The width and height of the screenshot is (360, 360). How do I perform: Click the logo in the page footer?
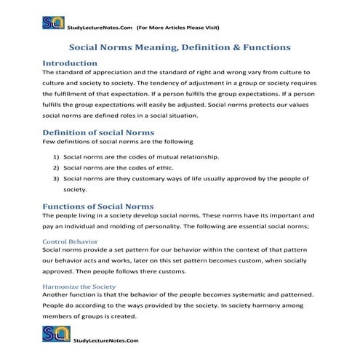coord(52,335)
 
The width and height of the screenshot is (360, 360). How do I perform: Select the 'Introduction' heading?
coord(70,63)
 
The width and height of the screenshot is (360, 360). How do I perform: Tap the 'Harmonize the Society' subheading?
coord(80,287)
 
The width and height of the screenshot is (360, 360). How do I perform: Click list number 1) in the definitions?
coord(56,156)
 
